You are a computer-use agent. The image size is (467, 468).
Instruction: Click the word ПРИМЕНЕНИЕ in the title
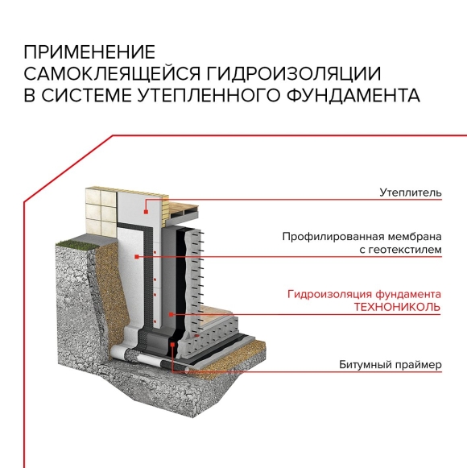point(89,52)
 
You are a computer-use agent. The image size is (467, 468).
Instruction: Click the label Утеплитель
point(411,193)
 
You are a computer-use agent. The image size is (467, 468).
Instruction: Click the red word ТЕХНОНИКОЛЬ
point(397,307)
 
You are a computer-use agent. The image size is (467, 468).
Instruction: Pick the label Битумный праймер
point(390,365)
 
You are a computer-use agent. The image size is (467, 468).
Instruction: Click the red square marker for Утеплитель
point(146,212)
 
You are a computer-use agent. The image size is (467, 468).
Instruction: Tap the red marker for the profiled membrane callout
point(137,257)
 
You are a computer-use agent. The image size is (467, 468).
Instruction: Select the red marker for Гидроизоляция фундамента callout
point(171,314)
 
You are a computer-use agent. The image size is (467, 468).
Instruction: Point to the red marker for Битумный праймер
point(172,345)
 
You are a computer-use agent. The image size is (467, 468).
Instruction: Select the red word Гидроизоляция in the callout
point(330,295)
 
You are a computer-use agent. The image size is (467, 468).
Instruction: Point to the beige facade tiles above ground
point(101,211)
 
